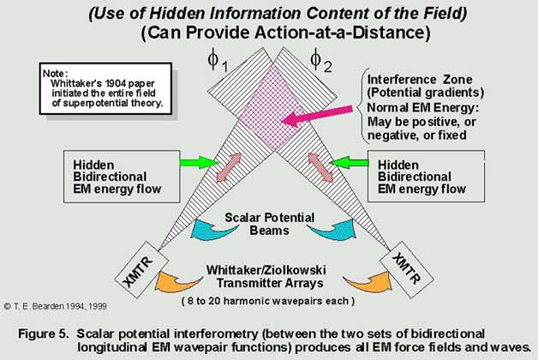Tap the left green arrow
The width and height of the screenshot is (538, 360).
click(200, 162)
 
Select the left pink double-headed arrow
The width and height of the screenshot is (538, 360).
click(229, 167)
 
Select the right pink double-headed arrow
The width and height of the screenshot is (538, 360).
click(320, 167)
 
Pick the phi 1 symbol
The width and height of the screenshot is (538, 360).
click(218, 62)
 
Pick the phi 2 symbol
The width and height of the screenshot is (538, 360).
click(320, 62)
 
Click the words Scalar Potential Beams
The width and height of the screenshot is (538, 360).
click(269, 224)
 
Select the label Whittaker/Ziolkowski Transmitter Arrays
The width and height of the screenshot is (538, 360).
click(266, 277)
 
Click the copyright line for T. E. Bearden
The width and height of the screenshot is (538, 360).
click(55, 306)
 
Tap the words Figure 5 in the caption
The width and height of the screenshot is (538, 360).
click(44, 334)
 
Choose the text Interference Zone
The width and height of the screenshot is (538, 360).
click(420, 80)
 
